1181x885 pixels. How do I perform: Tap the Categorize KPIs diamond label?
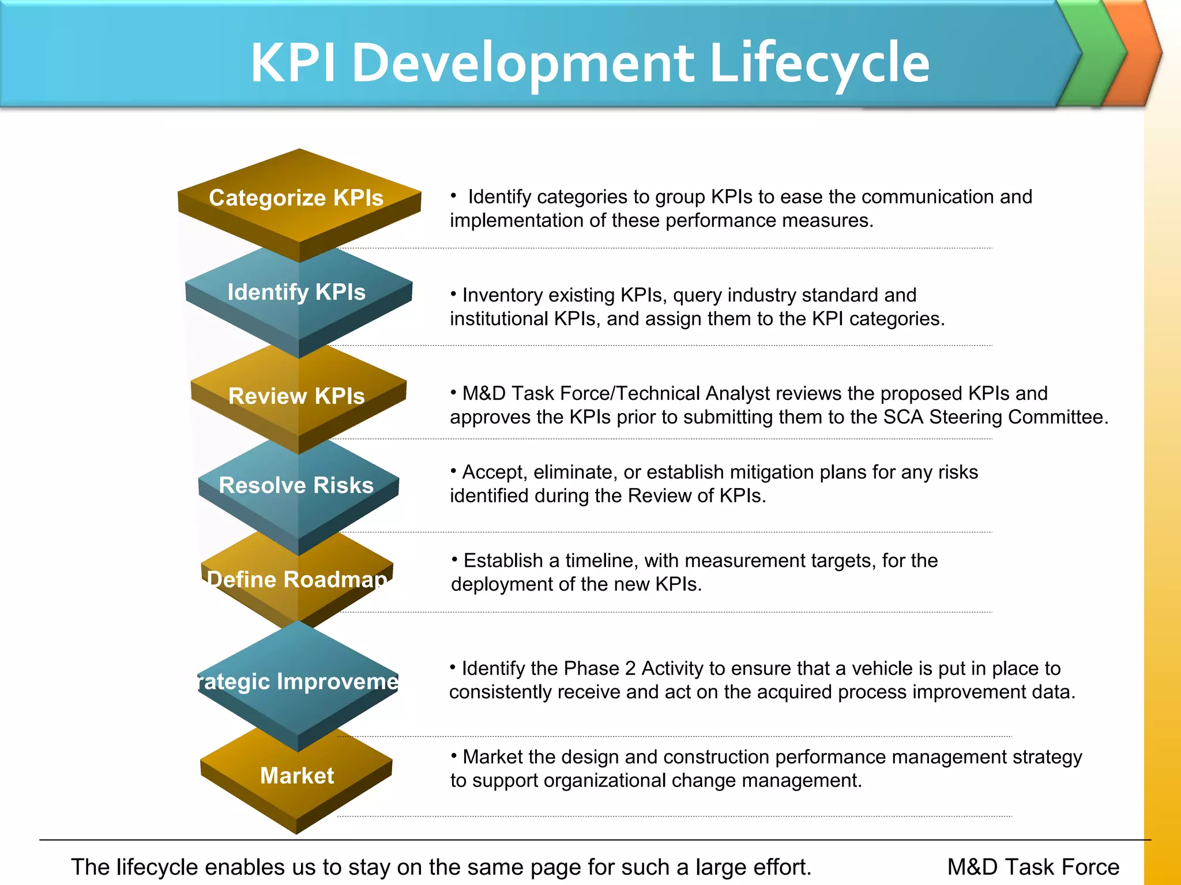pyautogui.click(x=296, y=198)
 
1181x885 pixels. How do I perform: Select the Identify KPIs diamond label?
pyautogui.click(x=296, y=292)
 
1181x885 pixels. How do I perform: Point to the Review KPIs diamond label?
pyautogui.click(x=296, y=396)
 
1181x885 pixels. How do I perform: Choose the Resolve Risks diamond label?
pyautogui.click(x=296, y=485)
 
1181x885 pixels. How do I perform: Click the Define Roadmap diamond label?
pyautogui.click(x=296, y=579)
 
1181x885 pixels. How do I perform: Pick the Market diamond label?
pyautogui.click(x=297, y=776)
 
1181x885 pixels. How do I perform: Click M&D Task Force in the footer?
pyautogui.click(x=1033, y=867)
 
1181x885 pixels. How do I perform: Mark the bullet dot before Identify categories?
pyautogui.click(x=454, y=195)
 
